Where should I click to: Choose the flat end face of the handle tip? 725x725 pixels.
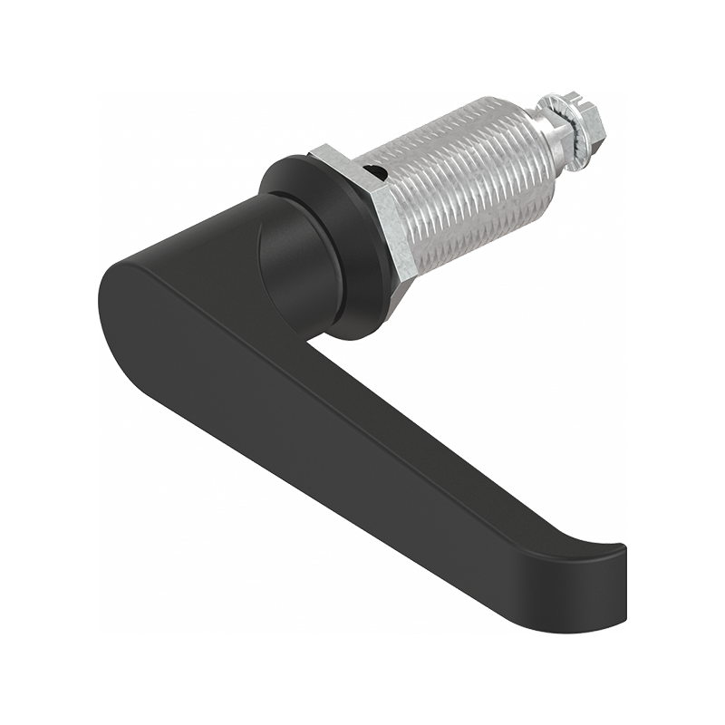pyautogui.click(x=623, y=580)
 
